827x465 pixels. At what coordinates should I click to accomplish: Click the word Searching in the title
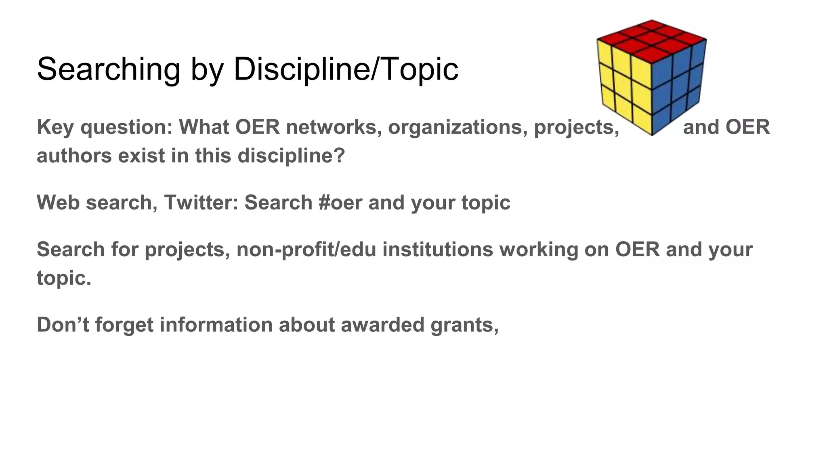point(108,69)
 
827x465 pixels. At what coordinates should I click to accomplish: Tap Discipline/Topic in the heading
point(346,69)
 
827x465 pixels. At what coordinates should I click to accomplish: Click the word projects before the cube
point(576,128)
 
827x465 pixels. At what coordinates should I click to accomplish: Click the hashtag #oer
point(340,203)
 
